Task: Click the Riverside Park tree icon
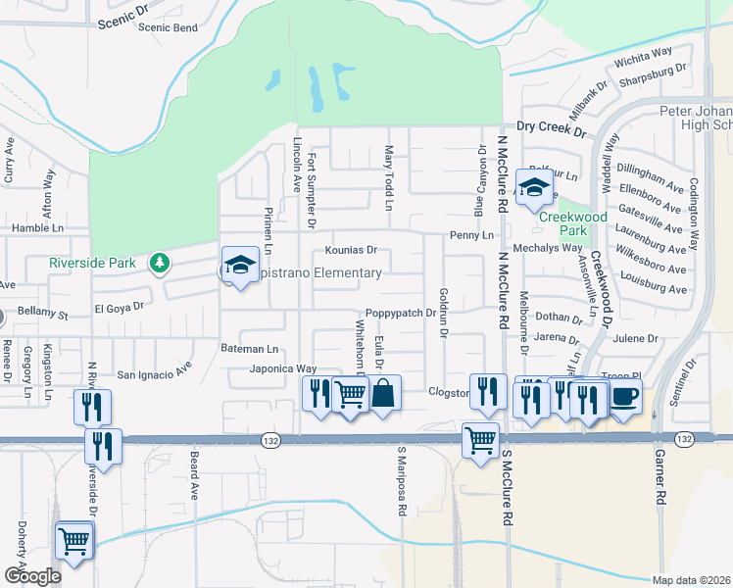coord(160,263)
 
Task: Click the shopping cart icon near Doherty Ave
coord(74,540)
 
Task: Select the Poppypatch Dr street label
coord(400,313)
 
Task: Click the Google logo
coord(32,575)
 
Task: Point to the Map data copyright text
coord(691,579)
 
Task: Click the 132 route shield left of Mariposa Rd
coord(270,442)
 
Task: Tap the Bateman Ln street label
coord(249,349)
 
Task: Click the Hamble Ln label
coord(37,227)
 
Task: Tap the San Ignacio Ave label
coord(154,373)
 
